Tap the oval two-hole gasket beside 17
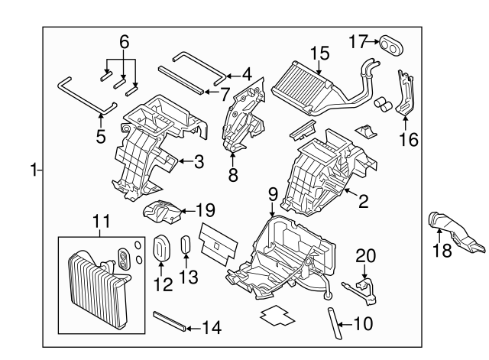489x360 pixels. tap(391, 45)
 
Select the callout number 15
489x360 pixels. tap(319, 53)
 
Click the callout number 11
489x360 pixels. tap(102, 223)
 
